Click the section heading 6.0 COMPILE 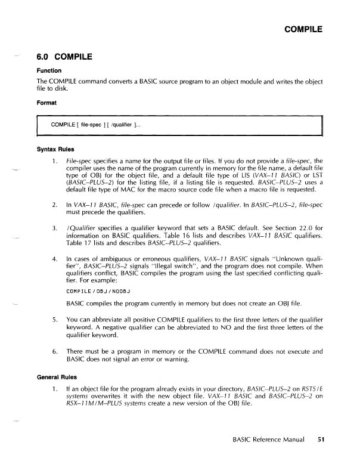coord(65,58)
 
